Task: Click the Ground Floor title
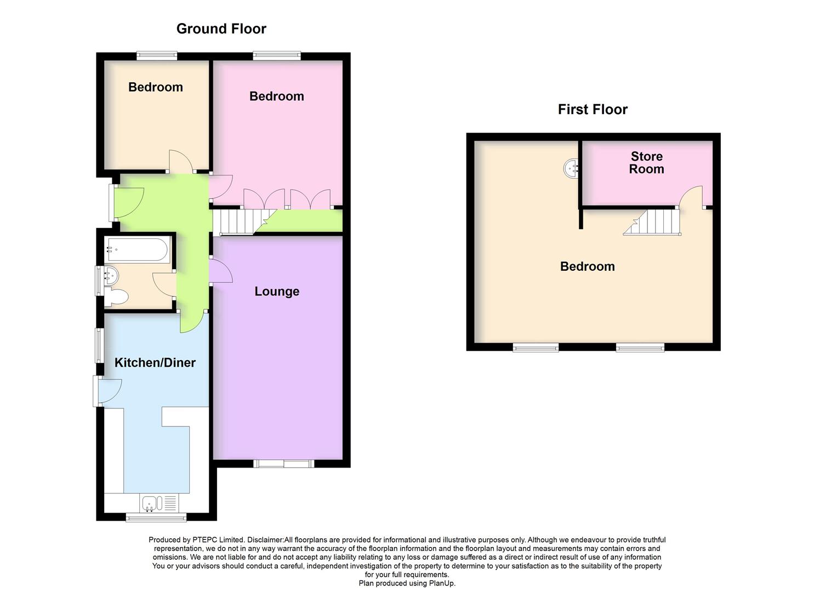(x=221, y=29)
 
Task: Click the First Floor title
(x=593, y=110)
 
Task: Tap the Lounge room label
(x=277, y=292)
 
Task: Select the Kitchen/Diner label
(x=155, y=363)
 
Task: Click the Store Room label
(x=647, y=163)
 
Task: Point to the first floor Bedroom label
(x=587, y=267)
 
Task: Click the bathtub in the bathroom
(x=138, y=249)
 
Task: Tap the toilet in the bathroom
(x=117, y=297)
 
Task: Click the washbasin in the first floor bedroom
(x=571, y=168)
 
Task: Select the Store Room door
(x=691, y=197)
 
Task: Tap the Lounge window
(x=283, y=464)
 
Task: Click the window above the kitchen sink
(x=156, y=517)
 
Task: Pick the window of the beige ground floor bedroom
(x=157, y=55)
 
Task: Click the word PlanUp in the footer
(x=442, y=583)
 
